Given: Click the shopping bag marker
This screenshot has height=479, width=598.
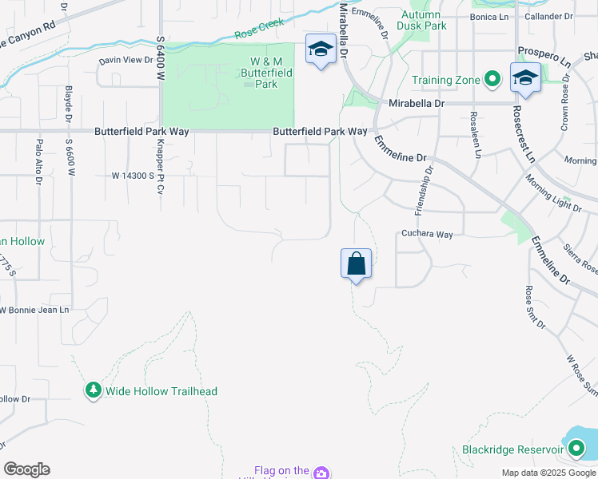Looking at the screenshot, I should pos(356,264).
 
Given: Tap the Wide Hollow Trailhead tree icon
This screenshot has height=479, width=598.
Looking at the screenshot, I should pos(94,390).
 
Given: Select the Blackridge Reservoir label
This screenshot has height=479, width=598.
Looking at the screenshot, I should pos(508,449).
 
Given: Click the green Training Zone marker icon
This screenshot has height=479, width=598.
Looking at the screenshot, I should pos(493,79).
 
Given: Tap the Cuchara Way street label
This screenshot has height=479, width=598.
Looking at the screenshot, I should pos(426,235).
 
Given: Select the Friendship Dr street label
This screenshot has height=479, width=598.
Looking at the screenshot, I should pos(423,190).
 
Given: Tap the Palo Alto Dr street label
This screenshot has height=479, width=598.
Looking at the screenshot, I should pos(38,161).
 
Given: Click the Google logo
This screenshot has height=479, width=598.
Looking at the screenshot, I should pos(26,469).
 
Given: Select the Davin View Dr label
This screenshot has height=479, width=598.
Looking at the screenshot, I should pos(126,60).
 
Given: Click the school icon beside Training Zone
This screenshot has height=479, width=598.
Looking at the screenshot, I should pos(524,77).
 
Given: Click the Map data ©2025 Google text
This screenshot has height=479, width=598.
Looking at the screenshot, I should pos(548,473).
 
